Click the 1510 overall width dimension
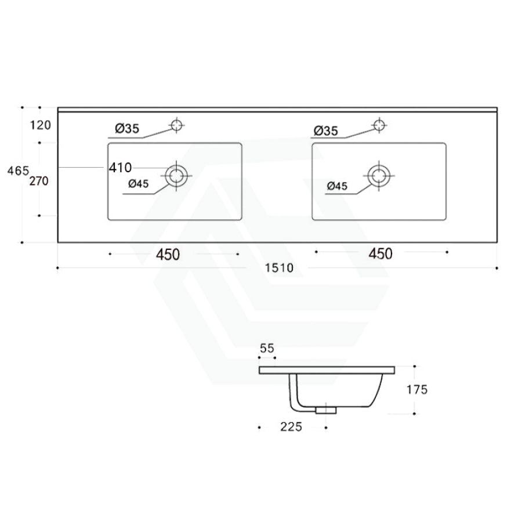point(279,268)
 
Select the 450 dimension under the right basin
point(378,253)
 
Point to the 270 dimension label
point(42,181)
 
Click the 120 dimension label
point(42,125)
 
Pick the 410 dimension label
point(121,168)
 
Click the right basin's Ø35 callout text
point(325,132)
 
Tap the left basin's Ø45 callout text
point(139,184)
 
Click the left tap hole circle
point(176,124)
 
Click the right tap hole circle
point(379,125)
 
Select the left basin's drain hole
point(177,175)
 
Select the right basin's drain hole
point(379,174)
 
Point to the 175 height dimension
point(417,390)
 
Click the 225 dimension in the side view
point(292,427)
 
